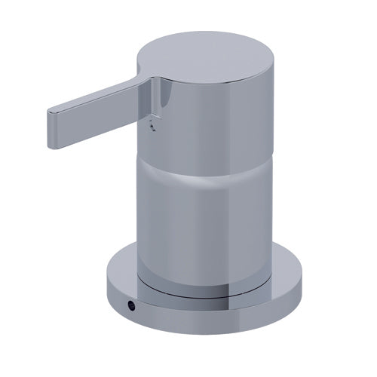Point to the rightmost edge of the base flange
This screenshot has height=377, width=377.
tap(308, 271)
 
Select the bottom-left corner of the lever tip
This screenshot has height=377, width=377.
tap(50, 130)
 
